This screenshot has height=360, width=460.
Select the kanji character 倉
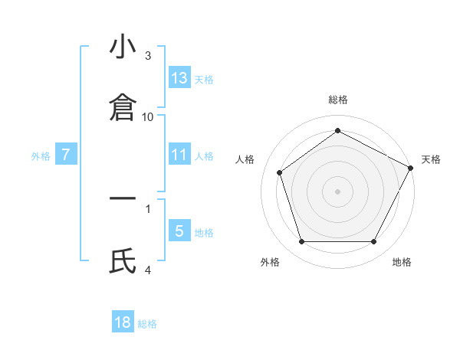click(123, 108)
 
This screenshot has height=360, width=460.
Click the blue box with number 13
click(179, 78)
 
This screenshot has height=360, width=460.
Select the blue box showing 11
click(179, 155)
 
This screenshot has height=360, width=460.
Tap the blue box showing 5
click(179, 231)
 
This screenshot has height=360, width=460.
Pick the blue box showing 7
click(66, 155)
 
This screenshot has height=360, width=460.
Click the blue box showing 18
click(123, 322)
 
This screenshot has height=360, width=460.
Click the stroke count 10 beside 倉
click(148, 116)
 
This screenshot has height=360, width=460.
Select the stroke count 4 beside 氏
click(148, 270)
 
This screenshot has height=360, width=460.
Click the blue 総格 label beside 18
click(147, 324)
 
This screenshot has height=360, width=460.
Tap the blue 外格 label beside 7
click(41, 155)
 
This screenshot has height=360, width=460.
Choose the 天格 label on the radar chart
click(431, 159)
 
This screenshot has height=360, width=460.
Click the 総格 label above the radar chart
click(338, 100)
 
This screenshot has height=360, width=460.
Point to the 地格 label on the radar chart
click(402, 262)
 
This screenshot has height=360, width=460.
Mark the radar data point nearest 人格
click(280, 172)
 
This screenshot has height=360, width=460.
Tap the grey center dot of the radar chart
click(338, 191)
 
